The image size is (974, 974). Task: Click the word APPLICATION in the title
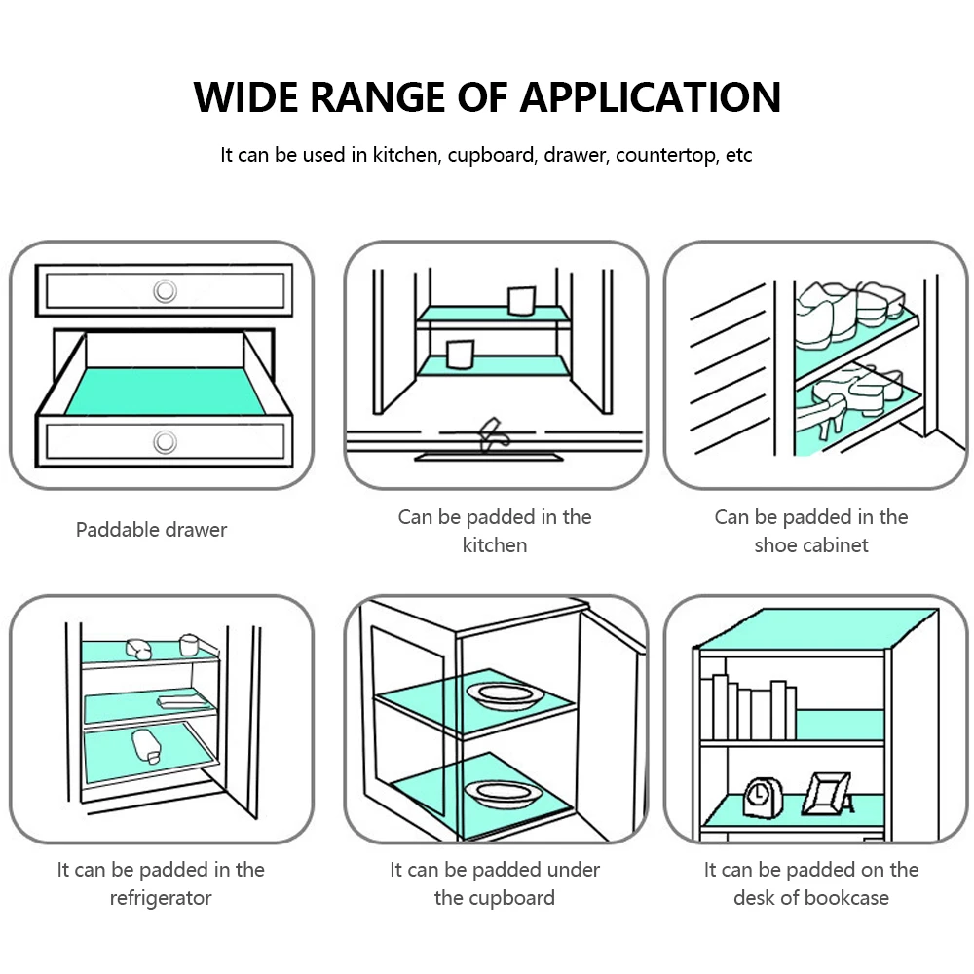[x=650, y=97]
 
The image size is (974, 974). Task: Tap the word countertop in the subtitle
[x=667, y=155]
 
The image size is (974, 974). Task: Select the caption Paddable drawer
[x=151, y=530]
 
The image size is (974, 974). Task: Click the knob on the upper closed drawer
[x=165, y=289]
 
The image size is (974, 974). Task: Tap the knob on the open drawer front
[x=165, y=442]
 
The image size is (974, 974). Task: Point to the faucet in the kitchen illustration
[x=490, y=432]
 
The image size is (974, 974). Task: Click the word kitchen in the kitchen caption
[x=495, y=545]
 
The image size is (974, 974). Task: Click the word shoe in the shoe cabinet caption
[x=775, y=545]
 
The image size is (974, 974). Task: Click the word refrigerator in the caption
[x=161, y=898]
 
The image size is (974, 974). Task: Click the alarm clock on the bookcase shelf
[x=759, y=796]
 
